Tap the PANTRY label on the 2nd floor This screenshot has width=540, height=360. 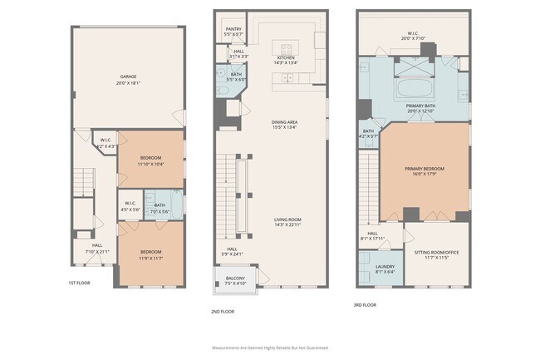coord(233,32)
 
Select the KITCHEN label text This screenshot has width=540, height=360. coord(285,59)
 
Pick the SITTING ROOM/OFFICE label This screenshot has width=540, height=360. coord(436,254)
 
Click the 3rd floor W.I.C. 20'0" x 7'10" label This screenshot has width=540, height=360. coord(412,36)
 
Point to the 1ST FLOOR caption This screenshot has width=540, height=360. coord(80,284)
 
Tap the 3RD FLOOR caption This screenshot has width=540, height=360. coord(365,305)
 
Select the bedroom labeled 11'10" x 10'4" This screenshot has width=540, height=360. coord(150,161)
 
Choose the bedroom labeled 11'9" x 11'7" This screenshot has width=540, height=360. coord(150,254)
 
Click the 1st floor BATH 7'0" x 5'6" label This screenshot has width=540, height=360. coord(160,209)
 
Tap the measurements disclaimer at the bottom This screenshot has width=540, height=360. coord(270,347)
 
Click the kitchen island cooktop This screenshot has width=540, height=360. coord(288,47)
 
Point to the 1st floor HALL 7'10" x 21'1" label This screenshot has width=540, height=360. coord(97,249)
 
